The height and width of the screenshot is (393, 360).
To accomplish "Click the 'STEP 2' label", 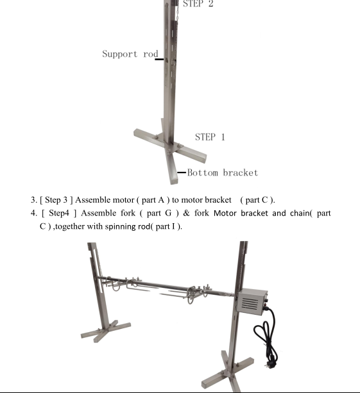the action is (x=198, y=3).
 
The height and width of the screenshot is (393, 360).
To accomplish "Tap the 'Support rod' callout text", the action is (x=130, y=54).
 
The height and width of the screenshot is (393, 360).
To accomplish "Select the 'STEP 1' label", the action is (x=210, y=137).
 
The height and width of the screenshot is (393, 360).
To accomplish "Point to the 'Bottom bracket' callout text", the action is (x=223, y=172).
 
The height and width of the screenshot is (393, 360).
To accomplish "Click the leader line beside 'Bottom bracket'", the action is (x=182, y=172).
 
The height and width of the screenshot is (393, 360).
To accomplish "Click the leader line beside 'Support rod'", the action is (x=159, y=60).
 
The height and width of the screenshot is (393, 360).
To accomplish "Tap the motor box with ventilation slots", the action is (x=252, y=301).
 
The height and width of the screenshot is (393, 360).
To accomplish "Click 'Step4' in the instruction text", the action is (x=58, y=213).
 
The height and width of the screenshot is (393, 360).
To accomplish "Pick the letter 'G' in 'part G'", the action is (x=168, y=213).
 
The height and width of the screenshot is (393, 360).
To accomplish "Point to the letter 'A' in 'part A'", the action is (x=161, y=200).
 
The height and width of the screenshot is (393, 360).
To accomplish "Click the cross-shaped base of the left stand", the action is (x=106, y=331).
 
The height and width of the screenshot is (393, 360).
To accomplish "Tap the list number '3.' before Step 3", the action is (x=34, y=200).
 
